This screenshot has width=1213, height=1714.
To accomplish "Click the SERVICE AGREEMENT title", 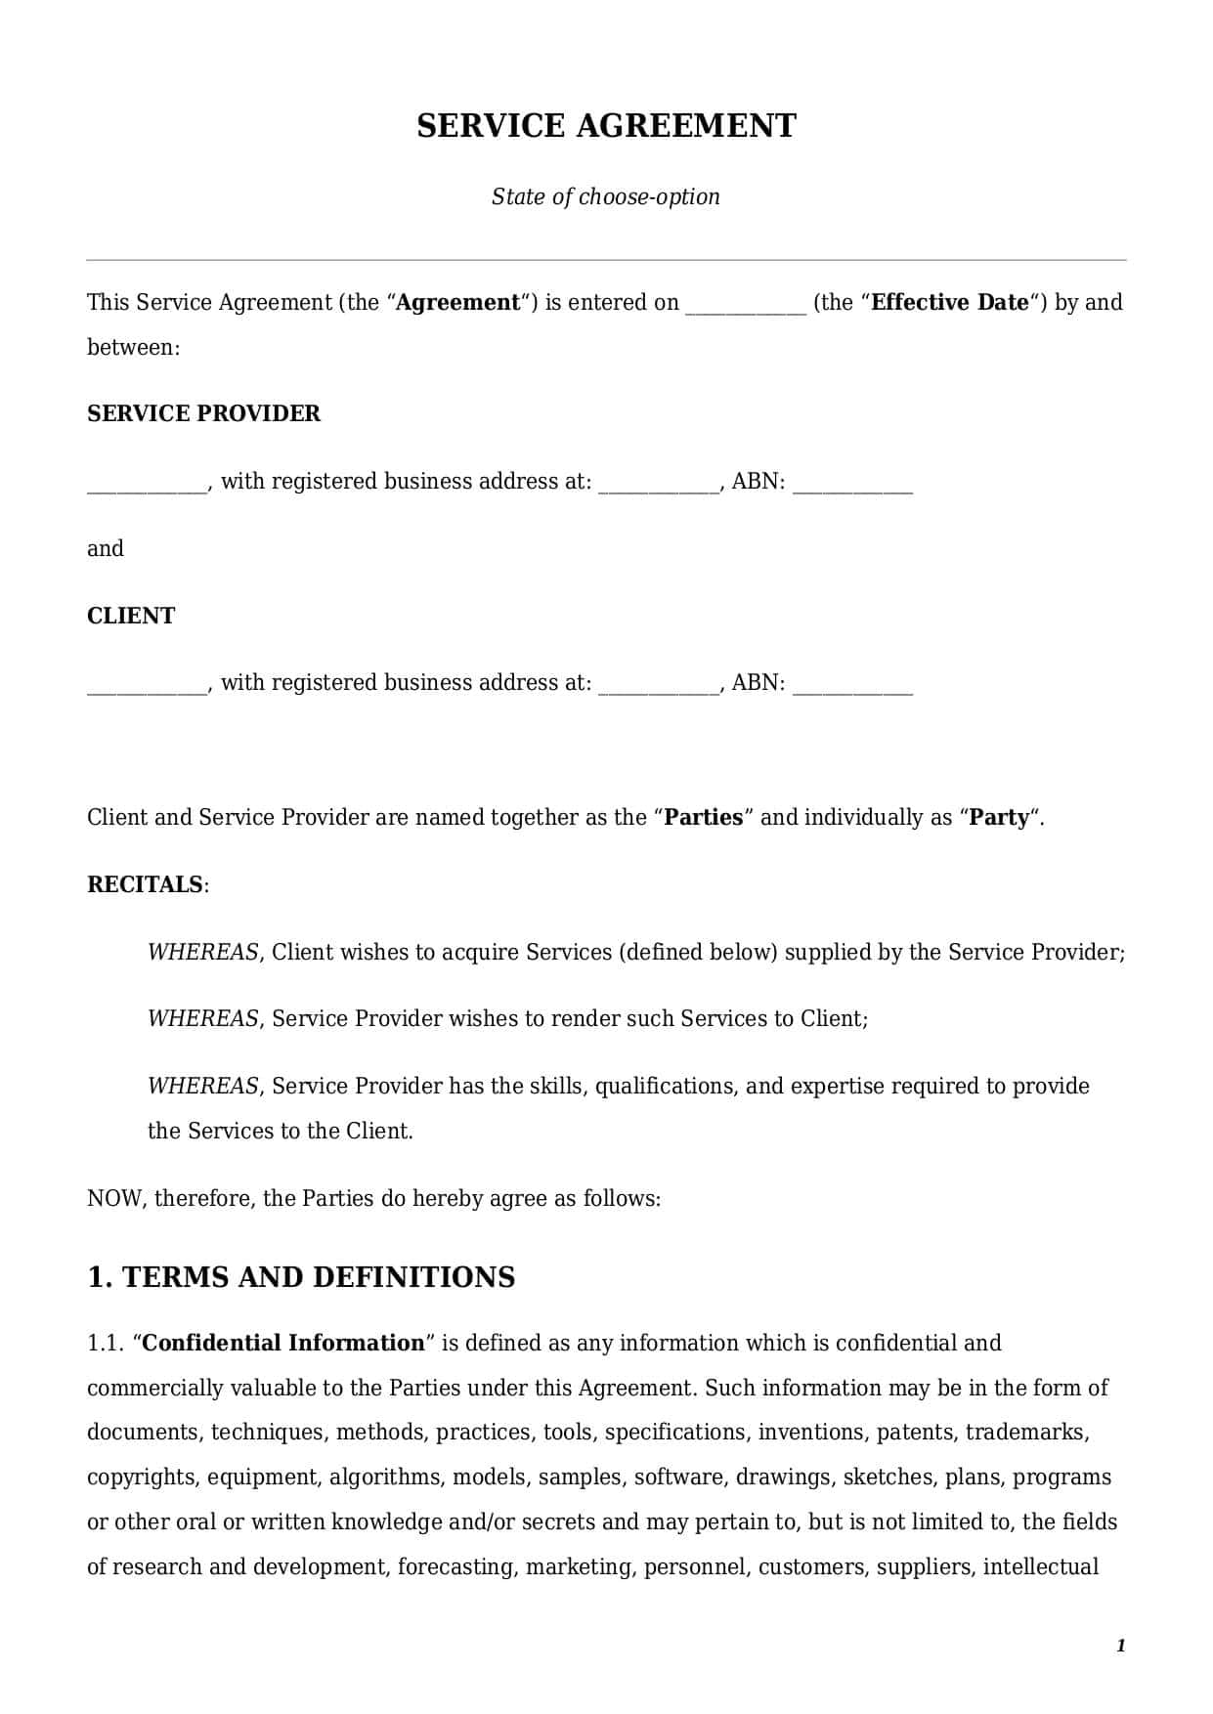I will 606,126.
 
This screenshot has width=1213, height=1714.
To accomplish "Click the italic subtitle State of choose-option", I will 605,196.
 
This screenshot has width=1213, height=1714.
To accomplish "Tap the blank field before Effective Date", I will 746,305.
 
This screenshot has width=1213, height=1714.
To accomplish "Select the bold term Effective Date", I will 950,302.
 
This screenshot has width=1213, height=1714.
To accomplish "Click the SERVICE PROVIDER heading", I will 203,413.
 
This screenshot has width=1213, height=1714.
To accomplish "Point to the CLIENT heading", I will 131,616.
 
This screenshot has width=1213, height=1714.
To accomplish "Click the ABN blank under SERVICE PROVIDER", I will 852,484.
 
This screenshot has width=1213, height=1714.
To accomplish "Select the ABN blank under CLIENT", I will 852,685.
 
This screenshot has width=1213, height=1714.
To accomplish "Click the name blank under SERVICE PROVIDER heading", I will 147,484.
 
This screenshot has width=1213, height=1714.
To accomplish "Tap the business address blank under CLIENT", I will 658,685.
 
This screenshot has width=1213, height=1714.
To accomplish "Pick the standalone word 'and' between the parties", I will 106,548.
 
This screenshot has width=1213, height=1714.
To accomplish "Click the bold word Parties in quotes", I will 704,817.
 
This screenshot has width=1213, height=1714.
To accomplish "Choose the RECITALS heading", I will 146,884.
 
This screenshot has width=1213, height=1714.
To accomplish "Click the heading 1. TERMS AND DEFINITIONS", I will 301,1277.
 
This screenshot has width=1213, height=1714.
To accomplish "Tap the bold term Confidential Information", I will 283,1343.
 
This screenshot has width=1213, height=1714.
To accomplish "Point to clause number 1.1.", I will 105,1343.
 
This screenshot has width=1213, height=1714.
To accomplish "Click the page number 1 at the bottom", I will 1121,1646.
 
